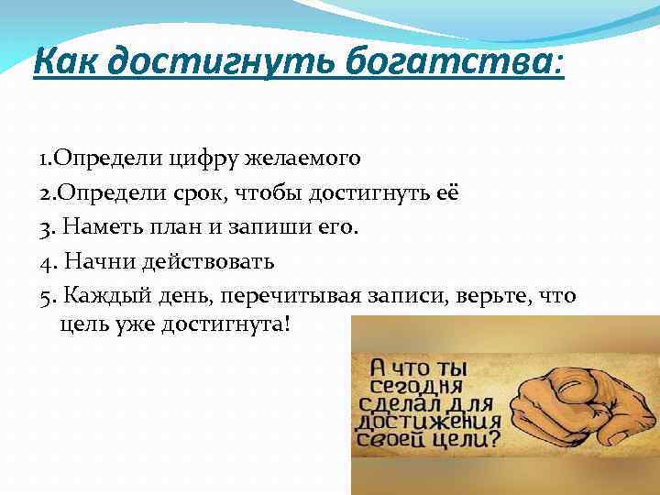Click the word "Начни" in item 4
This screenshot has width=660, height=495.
click(x=96, y=262)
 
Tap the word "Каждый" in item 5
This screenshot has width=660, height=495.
click(x=99, y=296)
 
